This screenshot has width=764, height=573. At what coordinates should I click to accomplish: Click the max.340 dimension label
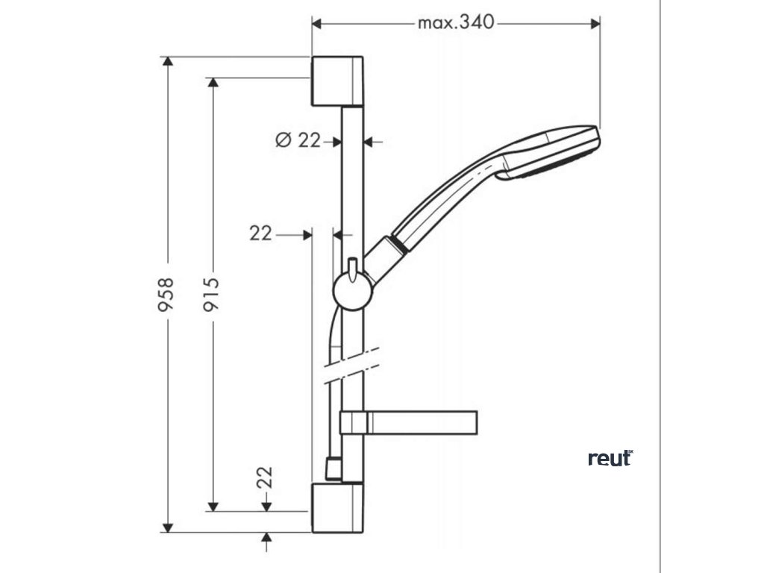tap(455, 22)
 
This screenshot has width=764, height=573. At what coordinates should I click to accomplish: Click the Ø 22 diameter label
tap(297, 140)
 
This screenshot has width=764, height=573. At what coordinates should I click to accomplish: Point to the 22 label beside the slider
tap(260, 234)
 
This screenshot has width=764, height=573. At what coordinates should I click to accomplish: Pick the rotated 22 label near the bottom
tap(266, 477)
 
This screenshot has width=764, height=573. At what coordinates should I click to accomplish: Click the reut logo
tap(610, 458)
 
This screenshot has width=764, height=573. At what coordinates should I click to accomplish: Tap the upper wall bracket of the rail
tap(337, 81)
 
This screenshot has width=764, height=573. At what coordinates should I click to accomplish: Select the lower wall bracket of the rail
tap(337, 507)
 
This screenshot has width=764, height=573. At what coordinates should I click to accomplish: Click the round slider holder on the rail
tap(351, 289)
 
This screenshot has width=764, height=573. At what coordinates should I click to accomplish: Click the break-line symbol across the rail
tap(352, 365)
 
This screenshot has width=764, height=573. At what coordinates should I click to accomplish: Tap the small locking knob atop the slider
tap(351, 266)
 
